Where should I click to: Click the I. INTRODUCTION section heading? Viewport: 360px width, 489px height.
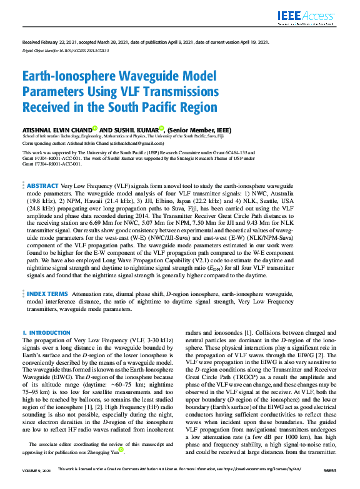coord(46,332)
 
